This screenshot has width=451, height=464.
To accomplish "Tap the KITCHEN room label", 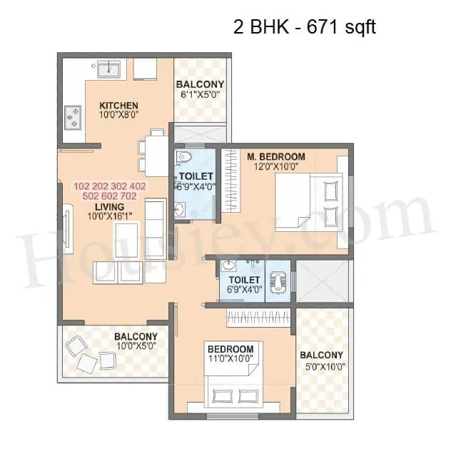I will click(118, 106).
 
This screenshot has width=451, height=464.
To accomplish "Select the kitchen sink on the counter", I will click(108, 69).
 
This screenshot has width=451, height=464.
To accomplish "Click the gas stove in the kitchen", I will click(73, 117).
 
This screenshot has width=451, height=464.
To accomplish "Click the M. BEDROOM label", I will click(276, 156).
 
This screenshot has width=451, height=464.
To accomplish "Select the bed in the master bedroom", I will click(311, 202).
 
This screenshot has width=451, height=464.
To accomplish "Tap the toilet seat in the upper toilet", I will click(185, 157).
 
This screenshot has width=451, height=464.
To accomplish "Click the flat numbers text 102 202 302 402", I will click(110, 186).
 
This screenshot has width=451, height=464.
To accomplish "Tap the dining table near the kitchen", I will click(152, 153).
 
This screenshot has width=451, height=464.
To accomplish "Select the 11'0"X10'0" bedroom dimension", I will click(230, 358).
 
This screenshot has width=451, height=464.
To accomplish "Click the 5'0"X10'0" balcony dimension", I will click(321, 366).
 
